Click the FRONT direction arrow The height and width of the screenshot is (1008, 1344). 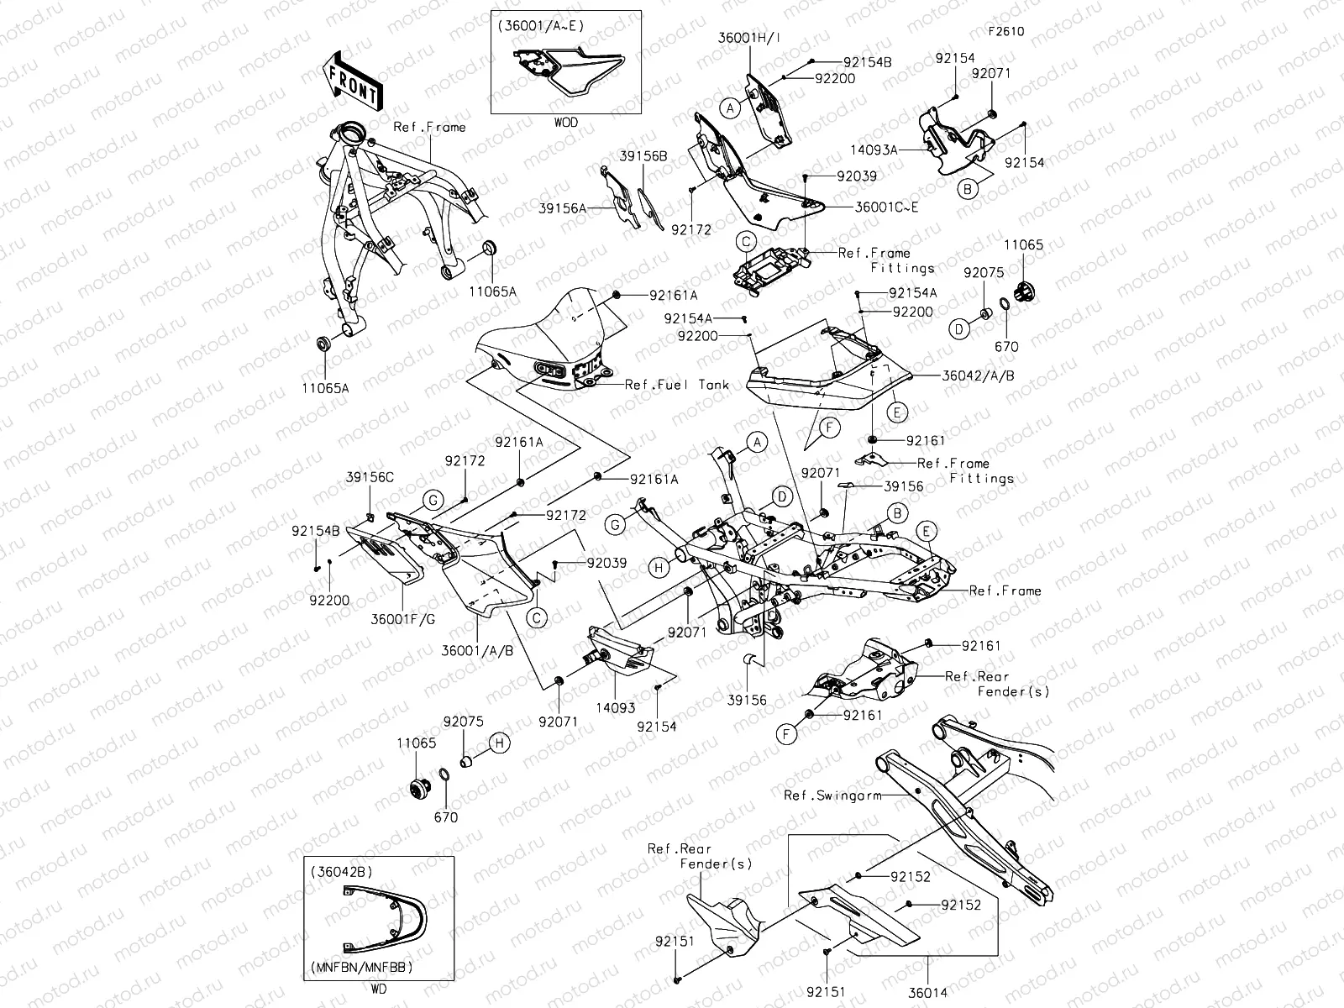click(x=351, y=82)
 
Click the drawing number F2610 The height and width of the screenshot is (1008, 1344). click(x=1005, y=32)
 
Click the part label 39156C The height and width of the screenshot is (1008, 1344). click(x=370, y=477)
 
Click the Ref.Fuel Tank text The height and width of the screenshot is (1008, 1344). click(x=677, y=384)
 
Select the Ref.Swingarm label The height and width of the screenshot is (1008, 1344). click(x=832, y=795)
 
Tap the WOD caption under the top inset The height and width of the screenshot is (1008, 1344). click(x=565, y=123)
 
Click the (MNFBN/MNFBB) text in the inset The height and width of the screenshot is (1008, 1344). click(x=365, y=967)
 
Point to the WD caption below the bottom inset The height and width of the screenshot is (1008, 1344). click(x=378, y=990)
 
